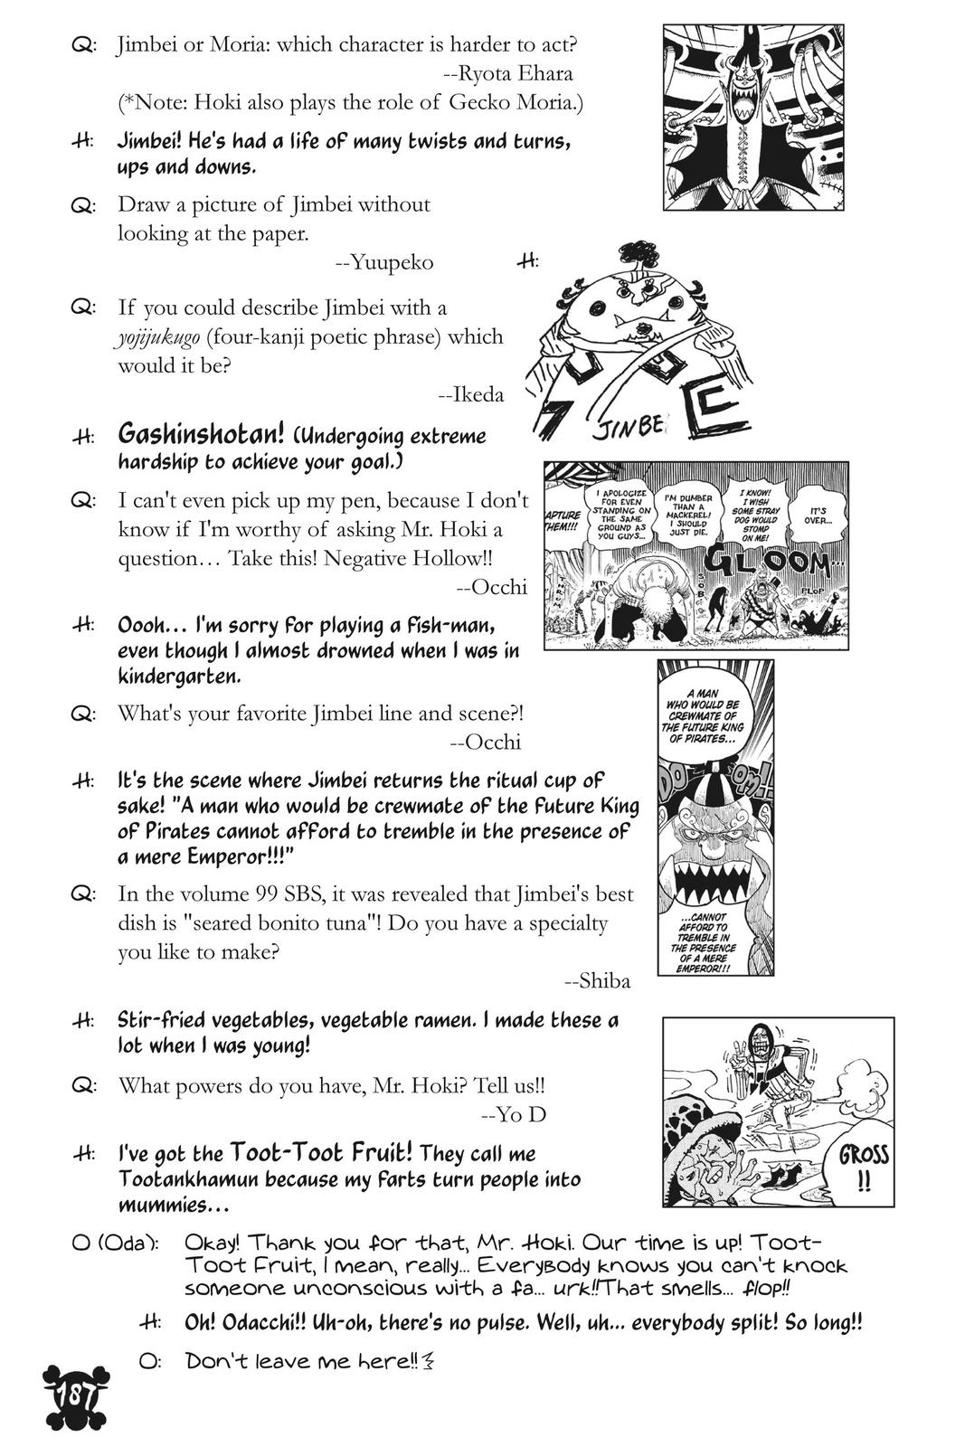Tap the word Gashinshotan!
coord(200,435)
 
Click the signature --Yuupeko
coord(384,262)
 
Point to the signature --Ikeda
coord(470,394)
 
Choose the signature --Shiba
coord(597,981)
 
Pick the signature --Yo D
coord(514,1114)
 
